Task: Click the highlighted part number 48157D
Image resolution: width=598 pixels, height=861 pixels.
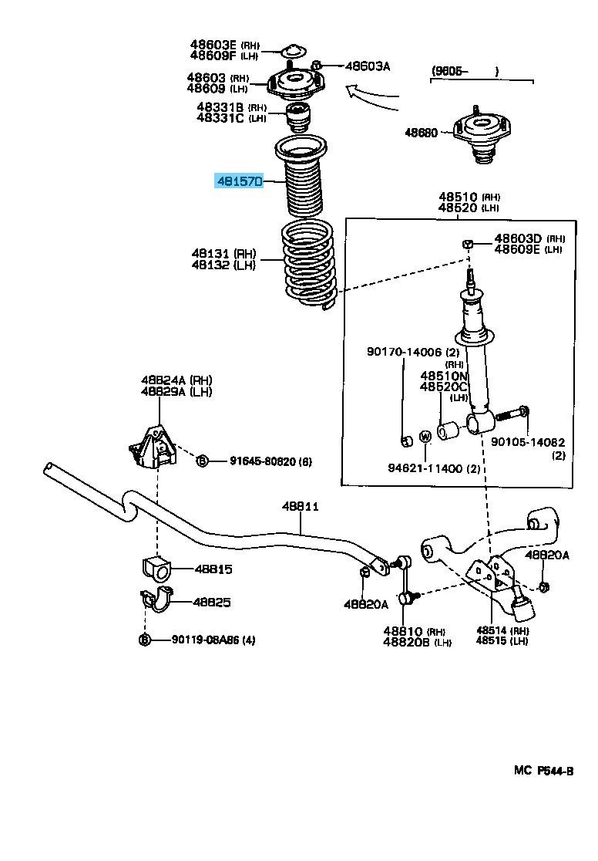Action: [x=240, y=181]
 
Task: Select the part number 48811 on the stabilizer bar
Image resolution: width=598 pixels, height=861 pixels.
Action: [x=300, y=507]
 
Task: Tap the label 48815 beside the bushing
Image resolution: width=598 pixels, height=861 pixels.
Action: [x=213, y=569]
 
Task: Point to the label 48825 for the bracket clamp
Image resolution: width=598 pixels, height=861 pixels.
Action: [x=212, y=603]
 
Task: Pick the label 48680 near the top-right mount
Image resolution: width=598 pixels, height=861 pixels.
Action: [x=422, y=133]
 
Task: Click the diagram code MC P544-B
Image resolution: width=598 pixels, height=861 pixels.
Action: [x=543, y=771]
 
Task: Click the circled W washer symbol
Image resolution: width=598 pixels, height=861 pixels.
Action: [x=425, y=437]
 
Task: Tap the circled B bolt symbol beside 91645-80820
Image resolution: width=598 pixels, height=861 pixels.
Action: [x=202, y=461]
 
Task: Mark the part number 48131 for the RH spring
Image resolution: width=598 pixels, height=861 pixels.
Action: [x=212, y=253]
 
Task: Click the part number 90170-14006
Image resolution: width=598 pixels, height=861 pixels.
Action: [x=404, y=353]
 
